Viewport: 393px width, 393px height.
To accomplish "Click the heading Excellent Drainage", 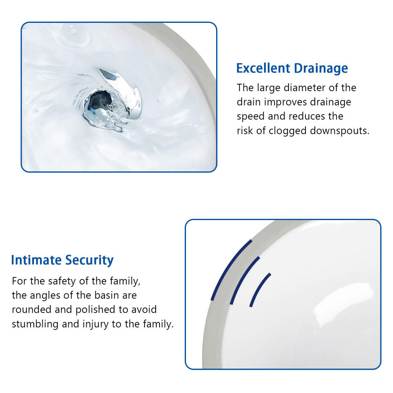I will point(292,68).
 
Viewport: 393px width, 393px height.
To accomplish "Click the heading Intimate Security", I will point(62,260).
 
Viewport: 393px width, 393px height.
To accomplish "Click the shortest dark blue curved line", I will point(259,289).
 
